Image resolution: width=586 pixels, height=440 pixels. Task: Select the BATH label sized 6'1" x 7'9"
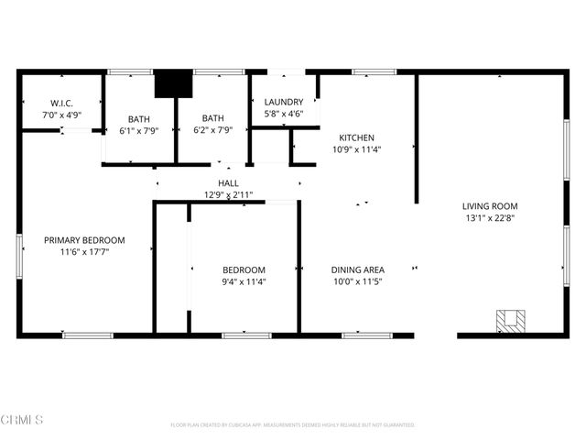coord(139,118)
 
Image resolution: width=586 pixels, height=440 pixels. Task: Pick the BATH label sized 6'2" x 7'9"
coord(213,117)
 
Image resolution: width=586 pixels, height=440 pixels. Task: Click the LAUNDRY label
coord(284,102)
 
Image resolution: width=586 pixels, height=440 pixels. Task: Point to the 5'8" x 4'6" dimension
coord(284,115)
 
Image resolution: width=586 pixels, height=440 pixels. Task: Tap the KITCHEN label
coord(356,137)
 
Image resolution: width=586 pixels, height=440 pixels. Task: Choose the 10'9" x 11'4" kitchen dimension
coord(356,150)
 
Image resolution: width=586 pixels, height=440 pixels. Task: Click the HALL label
coord(228,183)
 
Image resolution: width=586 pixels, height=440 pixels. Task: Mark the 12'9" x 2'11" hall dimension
coord(228,195)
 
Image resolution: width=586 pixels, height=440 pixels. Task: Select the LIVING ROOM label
coord(490,206)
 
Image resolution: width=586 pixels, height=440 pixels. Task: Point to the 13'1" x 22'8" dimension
coord(490,218)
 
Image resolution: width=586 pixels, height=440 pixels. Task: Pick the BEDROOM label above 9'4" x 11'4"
coord(244,269)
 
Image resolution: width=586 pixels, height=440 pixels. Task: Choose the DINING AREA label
coord(357,269)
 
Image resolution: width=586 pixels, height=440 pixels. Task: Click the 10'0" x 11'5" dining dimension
coord(357,281)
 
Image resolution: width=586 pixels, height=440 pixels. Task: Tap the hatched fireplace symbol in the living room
coord(511,322)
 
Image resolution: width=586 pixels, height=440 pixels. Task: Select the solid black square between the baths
coord(170,84)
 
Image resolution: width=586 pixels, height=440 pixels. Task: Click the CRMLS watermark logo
coord(23,420)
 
